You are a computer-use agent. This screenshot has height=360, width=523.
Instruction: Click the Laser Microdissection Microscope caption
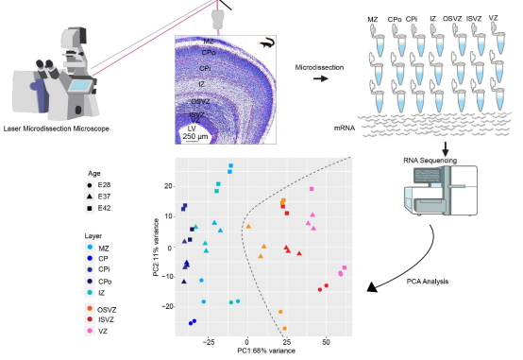coord(56,129)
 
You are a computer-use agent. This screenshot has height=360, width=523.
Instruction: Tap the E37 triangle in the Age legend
coord(90,197)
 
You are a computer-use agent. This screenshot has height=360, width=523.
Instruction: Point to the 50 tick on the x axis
coord(326,342)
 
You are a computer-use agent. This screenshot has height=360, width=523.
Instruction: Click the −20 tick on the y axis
coord(167,306)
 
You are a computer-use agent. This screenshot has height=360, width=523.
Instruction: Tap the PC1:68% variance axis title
coord(266,351)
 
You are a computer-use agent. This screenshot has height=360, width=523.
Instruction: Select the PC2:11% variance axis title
coord(156,248)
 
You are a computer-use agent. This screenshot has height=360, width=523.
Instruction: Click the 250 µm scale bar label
coord(195,136)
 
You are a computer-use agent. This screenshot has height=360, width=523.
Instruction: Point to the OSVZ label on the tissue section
coord(200,101)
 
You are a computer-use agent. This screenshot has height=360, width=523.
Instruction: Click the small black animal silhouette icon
coord(267,43)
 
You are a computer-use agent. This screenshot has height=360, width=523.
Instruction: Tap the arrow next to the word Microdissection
coord(321,78)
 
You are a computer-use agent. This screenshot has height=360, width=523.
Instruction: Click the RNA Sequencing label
coord(430,161)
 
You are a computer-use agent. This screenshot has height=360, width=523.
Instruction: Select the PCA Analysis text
coord(428,282)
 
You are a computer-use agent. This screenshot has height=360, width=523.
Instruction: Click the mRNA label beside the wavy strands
coord(345,128)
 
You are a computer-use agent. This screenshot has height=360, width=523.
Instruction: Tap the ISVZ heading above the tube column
coord(474,19)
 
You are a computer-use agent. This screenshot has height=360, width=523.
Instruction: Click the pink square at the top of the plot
coord(312,189)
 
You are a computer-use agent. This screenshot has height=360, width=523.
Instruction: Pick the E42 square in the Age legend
coord(90,208)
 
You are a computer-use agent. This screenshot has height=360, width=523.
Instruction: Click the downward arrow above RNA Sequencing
coord(445,149)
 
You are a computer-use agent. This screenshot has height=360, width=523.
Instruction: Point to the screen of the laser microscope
coord(80,85)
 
